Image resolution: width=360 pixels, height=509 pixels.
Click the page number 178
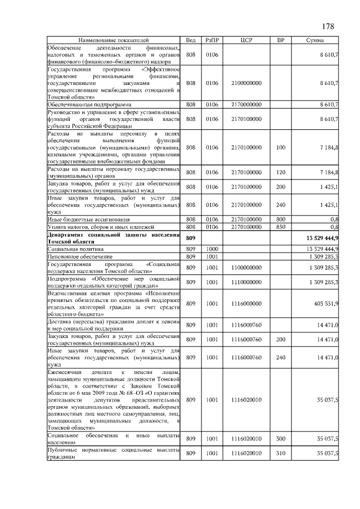click(x=328, y=27)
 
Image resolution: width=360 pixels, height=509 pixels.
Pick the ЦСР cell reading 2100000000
click(x=246, y=83)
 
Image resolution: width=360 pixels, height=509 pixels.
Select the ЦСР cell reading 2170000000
click(x=246, y=105)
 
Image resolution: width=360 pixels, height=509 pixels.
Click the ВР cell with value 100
click(x=281, y=147)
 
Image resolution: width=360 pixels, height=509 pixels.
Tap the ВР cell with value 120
click(x=281, y=172)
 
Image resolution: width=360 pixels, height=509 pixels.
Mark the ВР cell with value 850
click(x=281, y=226)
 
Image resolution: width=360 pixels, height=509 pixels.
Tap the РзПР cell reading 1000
click(x=212, y=248)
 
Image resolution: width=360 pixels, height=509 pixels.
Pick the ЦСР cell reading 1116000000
click(x=246, y=304)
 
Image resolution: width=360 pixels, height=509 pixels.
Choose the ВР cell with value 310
click(x=281, y=453)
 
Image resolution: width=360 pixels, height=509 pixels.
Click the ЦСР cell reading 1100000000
click(x=246, y=267)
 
